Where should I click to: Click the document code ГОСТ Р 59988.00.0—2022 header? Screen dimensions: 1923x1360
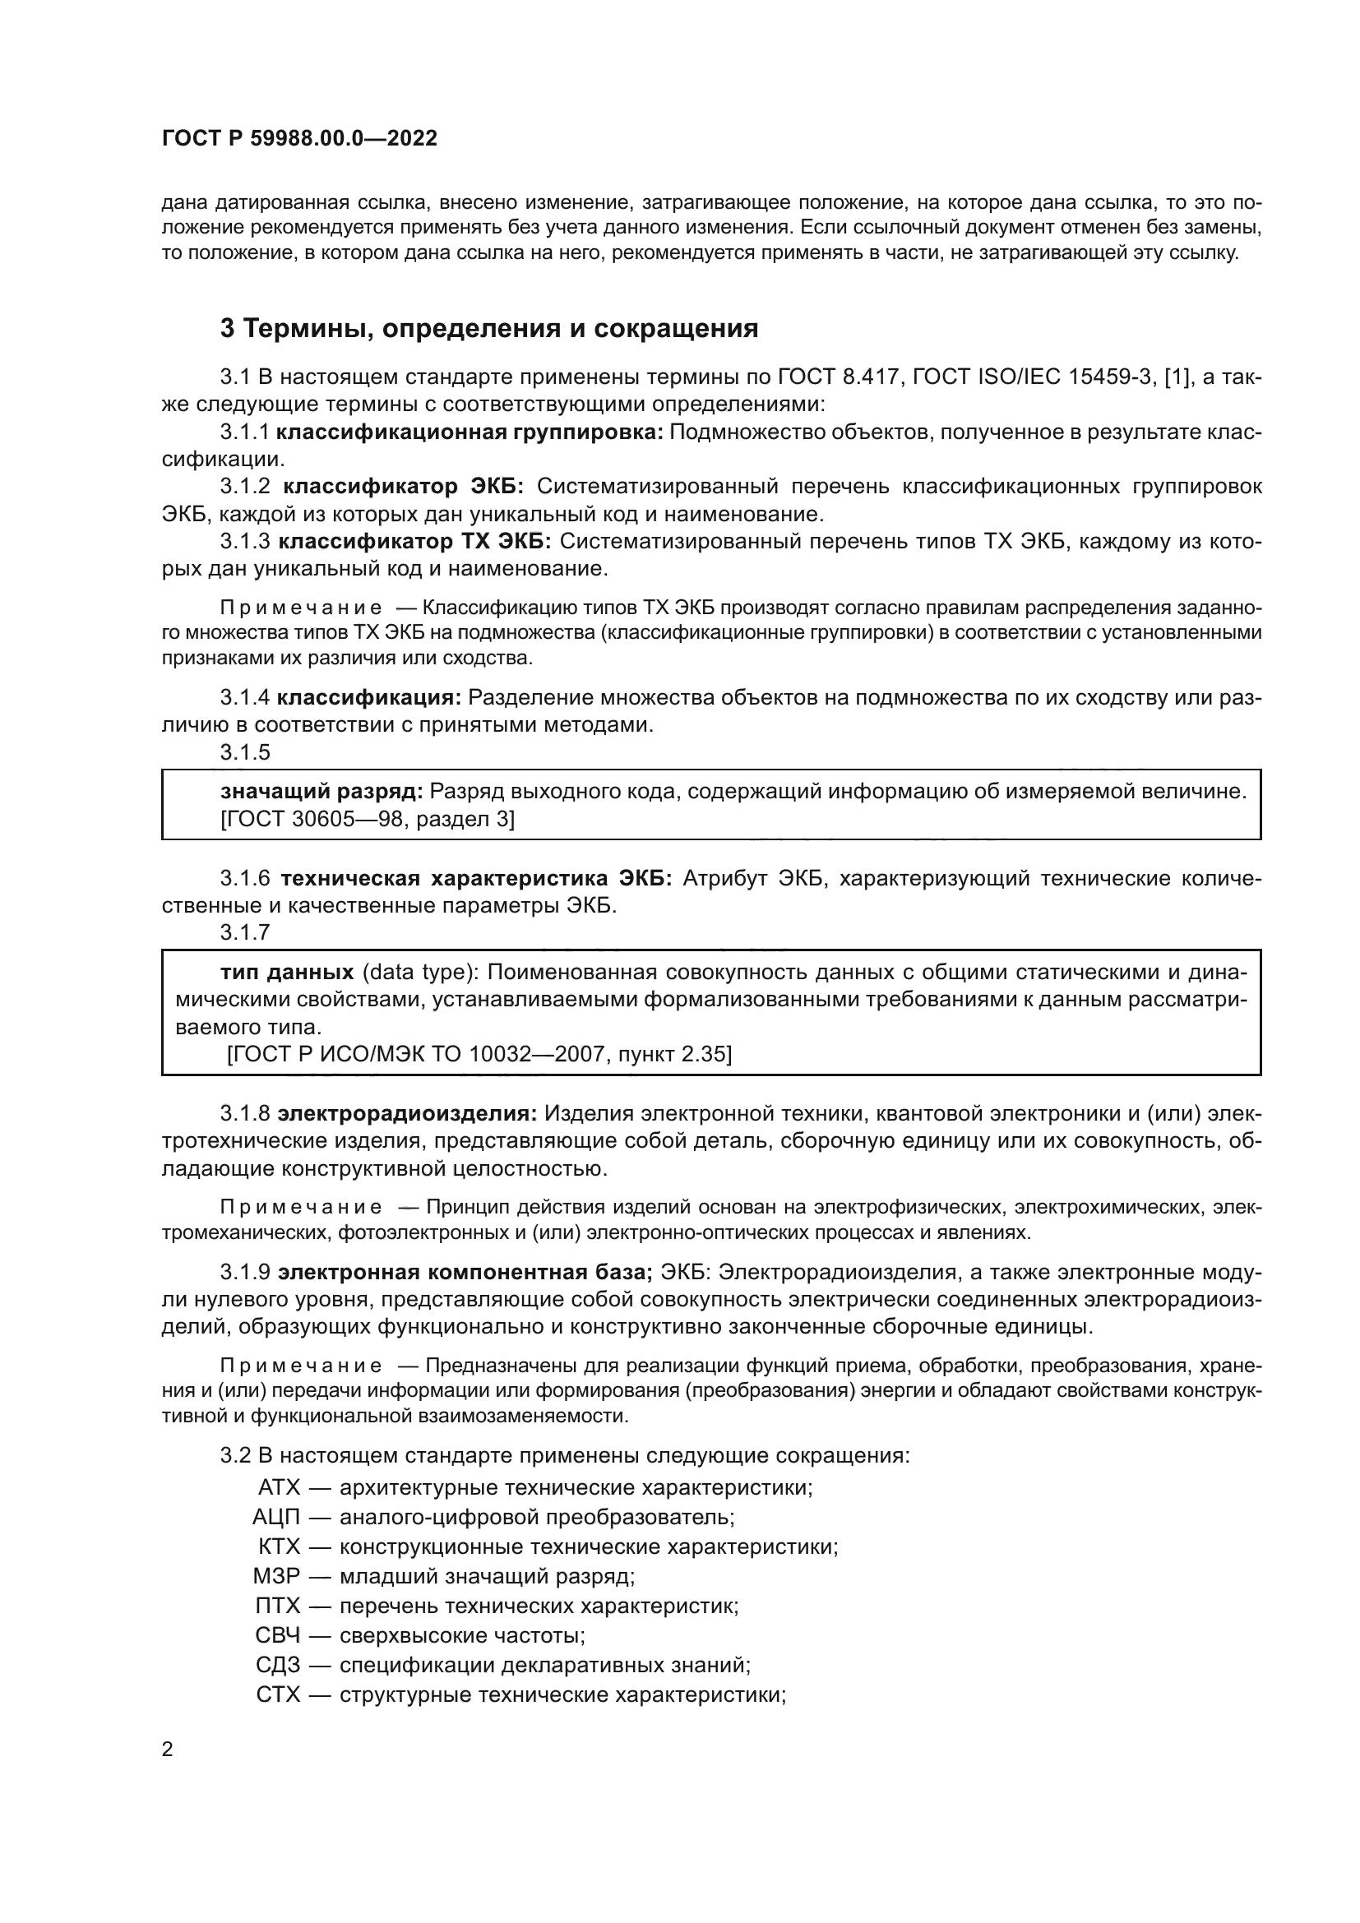[x=299, y=139]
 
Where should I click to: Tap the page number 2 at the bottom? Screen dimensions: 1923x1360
[x=168, y=1750]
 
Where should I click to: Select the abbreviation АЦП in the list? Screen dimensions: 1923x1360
[x=276, y=1517]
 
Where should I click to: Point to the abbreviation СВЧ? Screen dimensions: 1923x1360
[x=278, y=1635]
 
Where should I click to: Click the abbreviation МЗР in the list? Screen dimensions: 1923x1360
[x=276, y=1576]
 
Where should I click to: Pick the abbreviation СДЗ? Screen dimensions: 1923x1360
[x=278, y=1664]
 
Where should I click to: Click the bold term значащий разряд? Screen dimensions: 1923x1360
[x=321, y=792]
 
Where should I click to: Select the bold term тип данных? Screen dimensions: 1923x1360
[x=287, y=973]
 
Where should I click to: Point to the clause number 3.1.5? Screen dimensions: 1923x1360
[x=245, y=752]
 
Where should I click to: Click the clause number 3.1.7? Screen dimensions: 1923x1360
[x=245, y=932]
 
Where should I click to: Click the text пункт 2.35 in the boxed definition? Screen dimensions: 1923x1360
[x=674, y=1054]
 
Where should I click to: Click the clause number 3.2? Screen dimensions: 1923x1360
[x=235, y=1456]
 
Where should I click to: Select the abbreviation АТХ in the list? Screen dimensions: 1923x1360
[x=279, y=1487]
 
